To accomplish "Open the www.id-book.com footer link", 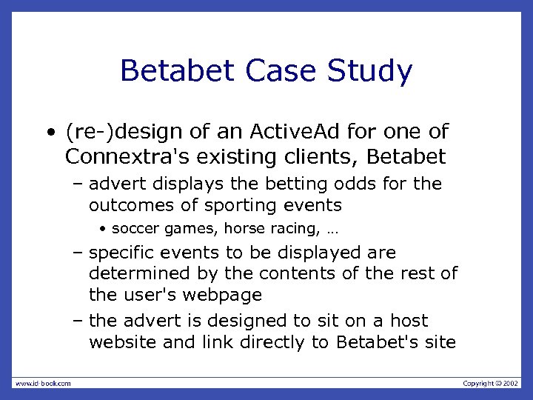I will tap(42, 383).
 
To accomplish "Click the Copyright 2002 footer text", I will tap(491, 383).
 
